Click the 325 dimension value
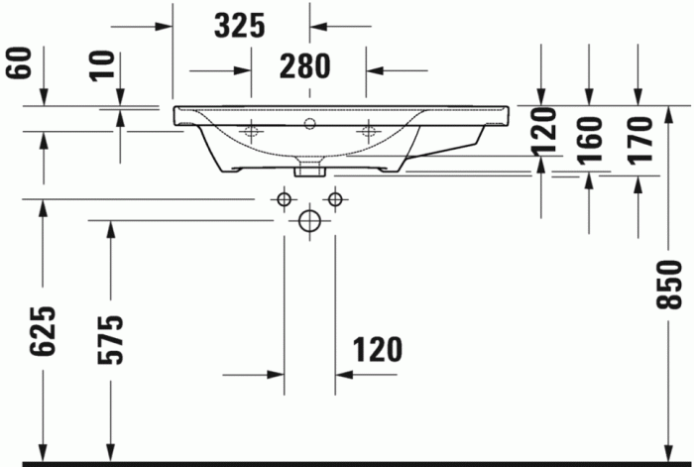[240, 26]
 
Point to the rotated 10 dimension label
[101, 66]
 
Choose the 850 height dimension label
[671, 285]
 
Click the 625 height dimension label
[41, 331]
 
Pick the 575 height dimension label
[111, 339]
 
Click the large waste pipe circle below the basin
[309, 221]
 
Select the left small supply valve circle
[285, 200]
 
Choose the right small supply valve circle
[334, 200]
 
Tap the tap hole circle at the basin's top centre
[309, 125]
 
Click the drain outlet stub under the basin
[309, 169]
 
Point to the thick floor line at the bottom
[347, 462]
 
